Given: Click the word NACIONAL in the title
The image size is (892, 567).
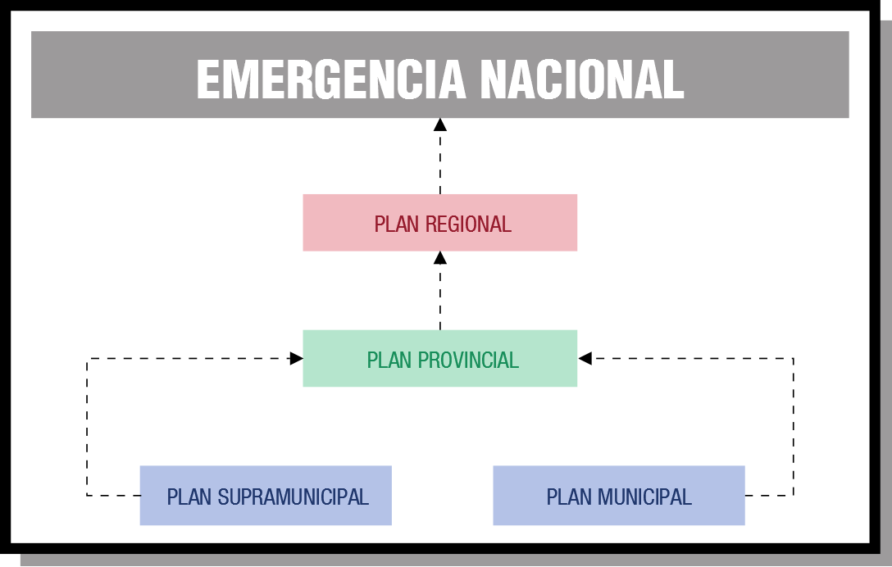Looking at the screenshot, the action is coord(582,79).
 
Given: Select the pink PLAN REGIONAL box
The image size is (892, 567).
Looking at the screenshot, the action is coord(439,222).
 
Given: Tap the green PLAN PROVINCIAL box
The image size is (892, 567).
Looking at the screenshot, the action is coord(439,358).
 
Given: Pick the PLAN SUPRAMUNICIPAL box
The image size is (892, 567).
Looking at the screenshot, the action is coord(266,496).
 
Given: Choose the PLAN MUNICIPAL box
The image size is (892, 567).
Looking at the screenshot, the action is coord(619,496).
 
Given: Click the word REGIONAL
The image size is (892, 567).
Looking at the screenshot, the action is coord(468,224).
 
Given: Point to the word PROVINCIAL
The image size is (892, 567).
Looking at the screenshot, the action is coord(468,360).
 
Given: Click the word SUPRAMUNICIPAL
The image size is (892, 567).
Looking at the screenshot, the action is coord(293,497).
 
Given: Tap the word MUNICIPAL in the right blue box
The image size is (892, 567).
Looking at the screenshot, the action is coord(644,497).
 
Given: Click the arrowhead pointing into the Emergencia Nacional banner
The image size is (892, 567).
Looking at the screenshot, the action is coord(439,125).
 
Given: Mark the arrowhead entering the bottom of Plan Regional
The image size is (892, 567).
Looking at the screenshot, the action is coord(439,257).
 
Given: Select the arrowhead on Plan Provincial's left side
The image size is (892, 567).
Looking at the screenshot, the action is coord(297,358).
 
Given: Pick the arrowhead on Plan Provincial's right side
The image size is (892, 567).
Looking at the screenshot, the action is coord(585,358).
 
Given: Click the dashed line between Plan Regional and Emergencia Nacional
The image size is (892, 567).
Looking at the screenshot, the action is coord(439,163).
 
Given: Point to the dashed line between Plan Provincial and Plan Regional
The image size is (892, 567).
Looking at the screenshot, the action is coord(439,297).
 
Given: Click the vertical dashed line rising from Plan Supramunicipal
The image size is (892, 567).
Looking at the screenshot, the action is coord(87,427).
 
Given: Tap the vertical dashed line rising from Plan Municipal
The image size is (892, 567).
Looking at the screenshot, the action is coord(793,427).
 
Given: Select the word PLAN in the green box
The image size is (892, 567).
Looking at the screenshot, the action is coord(389,360).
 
